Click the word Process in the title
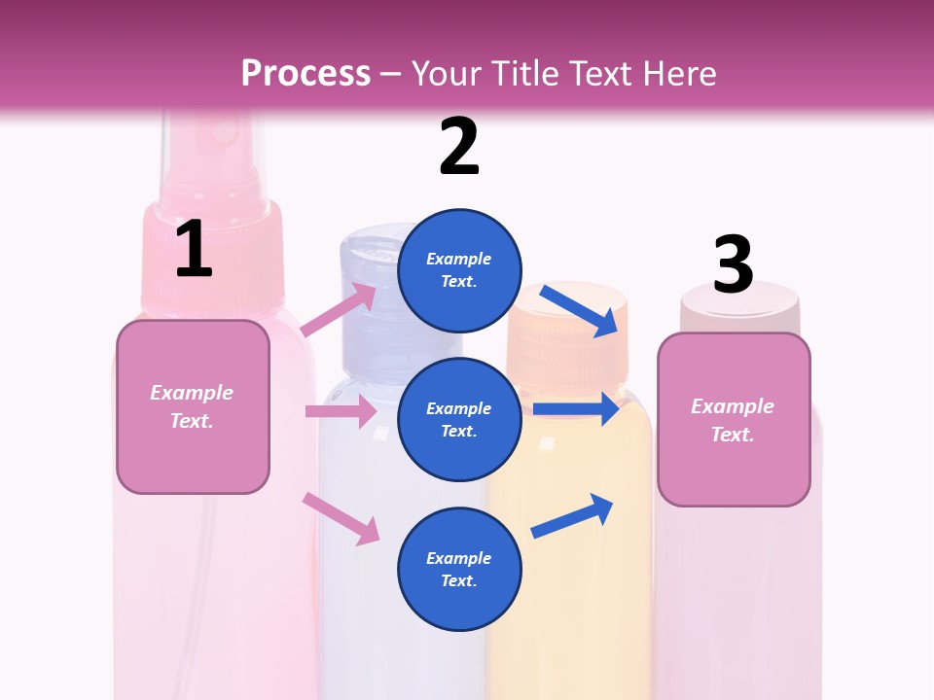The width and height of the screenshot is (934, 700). click(305, 74)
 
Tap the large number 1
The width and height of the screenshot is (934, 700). click(194, 250)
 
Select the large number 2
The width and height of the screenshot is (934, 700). click(459, 148)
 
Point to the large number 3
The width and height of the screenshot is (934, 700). click(733, 264)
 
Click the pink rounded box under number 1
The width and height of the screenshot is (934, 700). click(193, 406)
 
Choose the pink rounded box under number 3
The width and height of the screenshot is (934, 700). click(734, 419)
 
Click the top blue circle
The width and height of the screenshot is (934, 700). click(459, 270)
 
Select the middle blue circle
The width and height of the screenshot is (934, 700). click(459, 419)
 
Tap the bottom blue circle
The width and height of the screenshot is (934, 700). click(459, 569)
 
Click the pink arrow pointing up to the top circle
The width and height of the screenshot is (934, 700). click(340, 310)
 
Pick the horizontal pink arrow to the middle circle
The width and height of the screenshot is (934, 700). click(341, 411)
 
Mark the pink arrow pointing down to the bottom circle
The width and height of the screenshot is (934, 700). click(341, 518)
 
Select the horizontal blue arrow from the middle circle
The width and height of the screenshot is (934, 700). click(576, 409)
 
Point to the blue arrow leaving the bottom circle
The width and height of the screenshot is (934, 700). click(573, 515)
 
